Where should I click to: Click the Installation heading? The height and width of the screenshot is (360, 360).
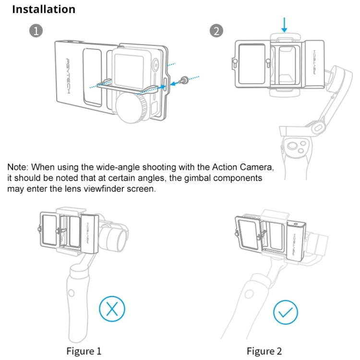click(44, 9)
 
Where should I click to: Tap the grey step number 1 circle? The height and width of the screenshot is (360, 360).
click(36, 31)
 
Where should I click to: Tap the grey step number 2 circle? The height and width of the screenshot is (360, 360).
click(216, 31)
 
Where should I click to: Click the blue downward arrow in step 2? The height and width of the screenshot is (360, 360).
click(286, 24)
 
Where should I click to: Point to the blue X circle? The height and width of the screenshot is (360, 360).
click(112, 309)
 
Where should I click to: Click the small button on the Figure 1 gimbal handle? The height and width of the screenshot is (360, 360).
click(71, 293)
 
